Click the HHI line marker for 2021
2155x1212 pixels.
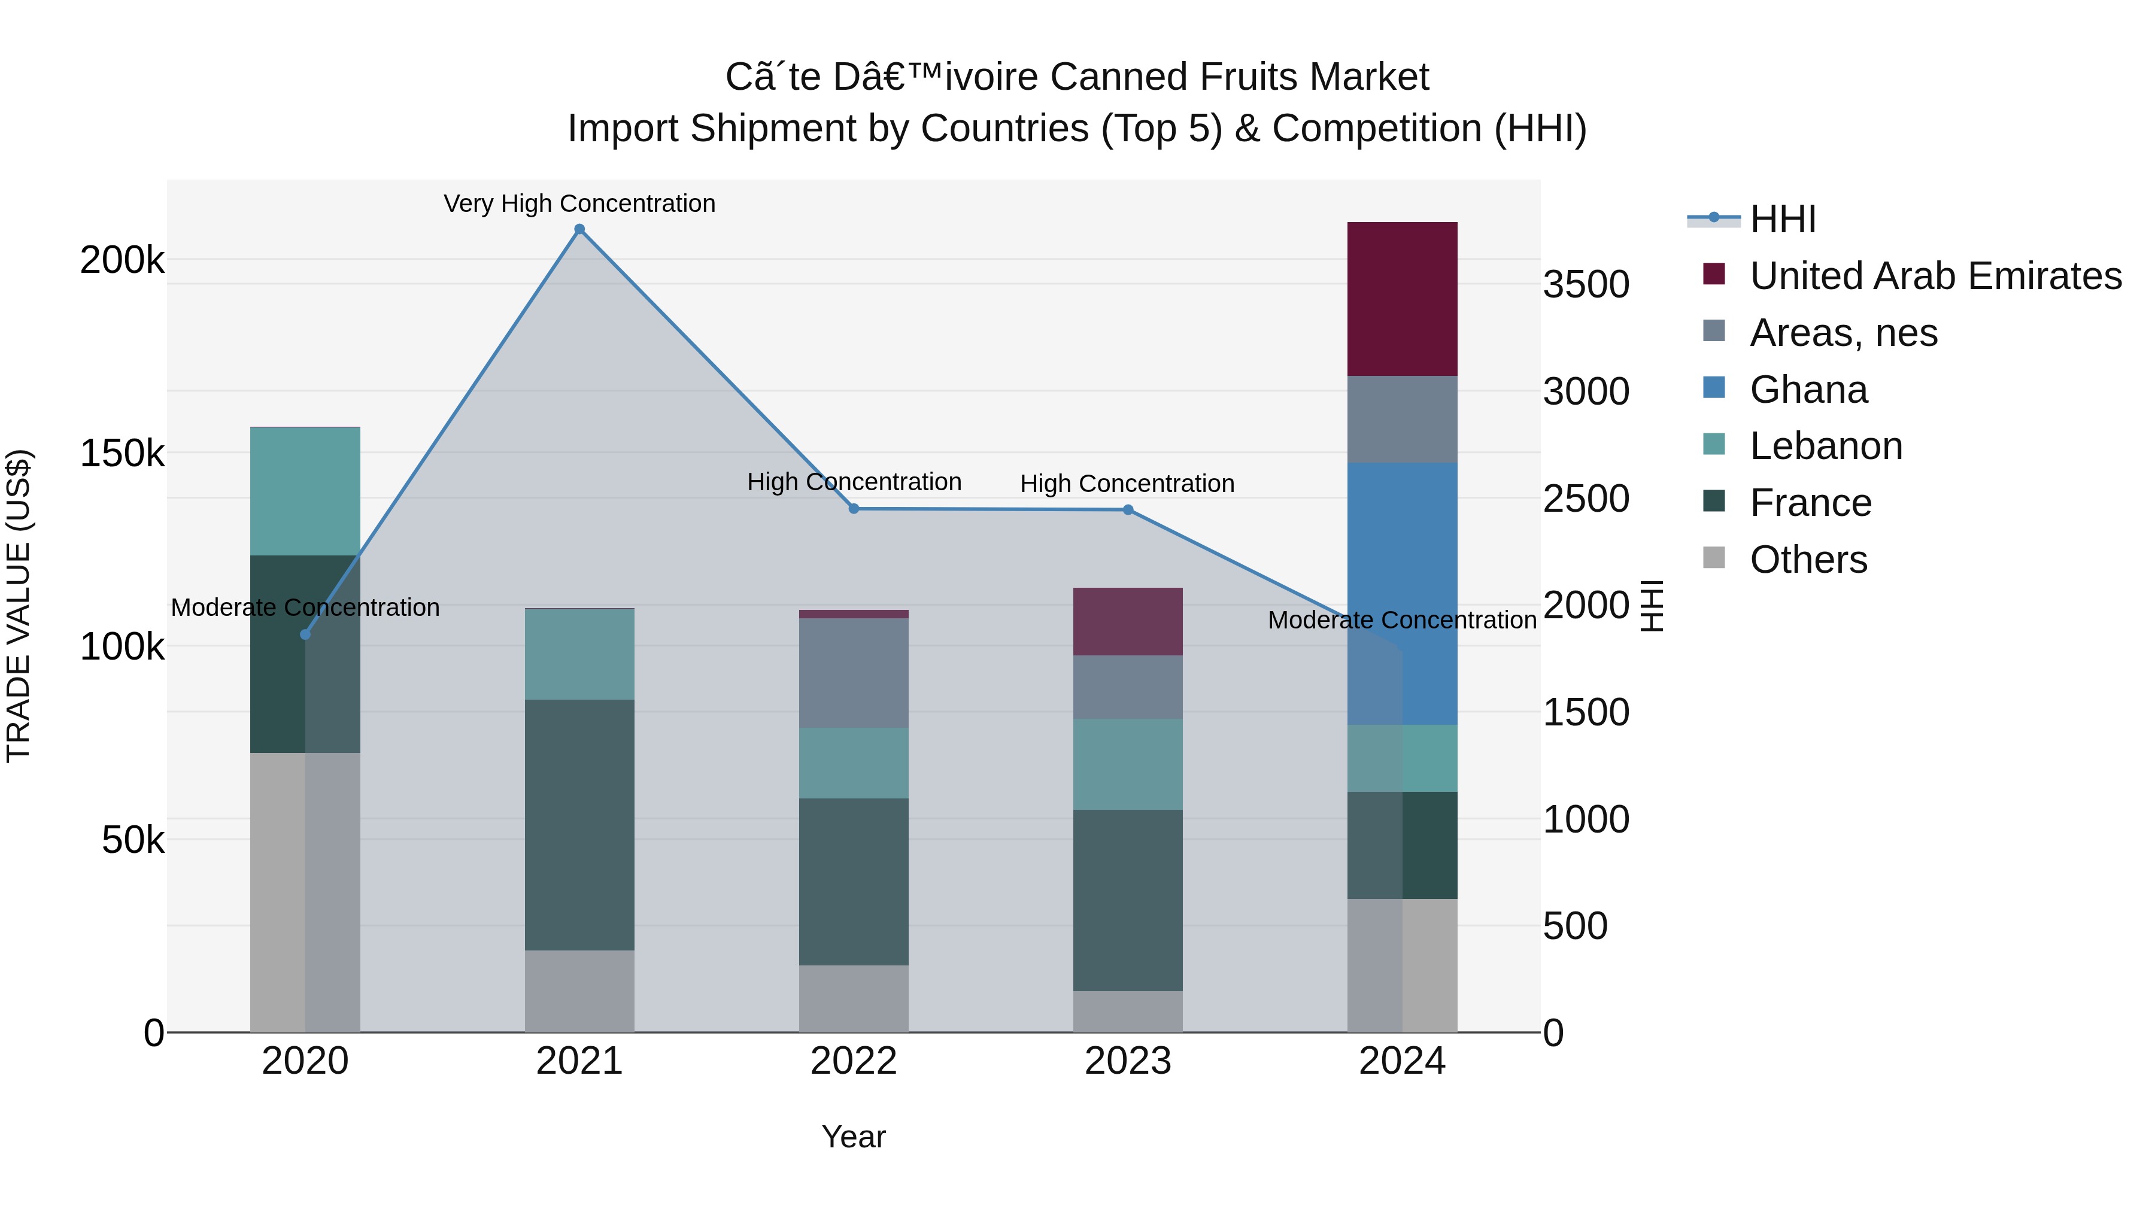coord(579,229)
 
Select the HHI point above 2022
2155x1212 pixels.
coord(853,509)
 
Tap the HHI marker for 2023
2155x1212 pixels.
coord(1128,509)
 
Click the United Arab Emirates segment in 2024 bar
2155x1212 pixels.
coord(1402,299)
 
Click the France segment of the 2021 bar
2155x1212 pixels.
coord(579,824)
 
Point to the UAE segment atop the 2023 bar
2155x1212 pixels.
coord(1128,621)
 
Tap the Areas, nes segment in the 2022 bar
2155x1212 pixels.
coord(853,673)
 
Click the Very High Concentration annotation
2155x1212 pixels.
coord(579,203)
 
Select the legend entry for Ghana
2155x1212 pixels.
coord(1807,390)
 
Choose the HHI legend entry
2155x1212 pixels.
coord(1782,219)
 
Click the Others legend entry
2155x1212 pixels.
coord(1807,560)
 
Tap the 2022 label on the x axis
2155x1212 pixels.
coord(853,1061)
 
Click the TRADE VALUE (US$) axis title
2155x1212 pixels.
coord(19,606)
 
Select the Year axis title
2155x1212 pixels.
coord(853,1137)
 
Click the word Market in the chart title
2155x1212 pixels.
coord(1368,77)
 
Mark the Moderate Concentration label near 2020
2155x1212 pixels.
coord(305,607)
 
